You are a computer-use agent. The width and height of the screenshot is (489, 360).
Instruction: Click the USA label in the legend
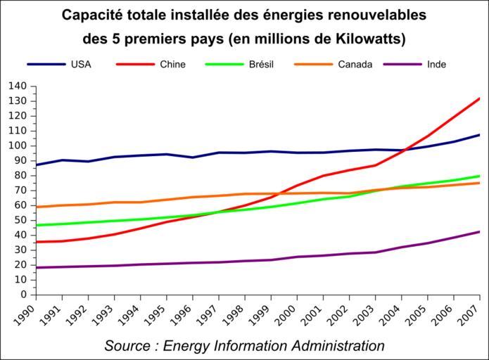(81, 65)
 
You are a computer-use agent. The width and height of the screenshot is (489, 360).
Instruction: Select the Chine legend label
(172, 65)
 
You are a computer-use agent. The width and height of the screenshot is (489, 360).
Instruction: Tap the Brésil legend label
(261, 65)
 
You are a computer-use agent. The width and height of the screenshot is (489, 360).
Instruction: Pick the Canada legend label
(355, 65)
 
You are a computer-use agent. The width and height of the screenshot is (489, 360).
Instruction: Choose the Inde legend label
(436, 65)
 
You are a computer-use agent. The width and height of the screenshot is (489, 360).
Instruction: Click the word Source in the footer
(127, 346)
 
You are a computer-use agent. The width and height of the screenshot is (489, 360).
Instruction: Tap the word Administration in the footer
(336, 346)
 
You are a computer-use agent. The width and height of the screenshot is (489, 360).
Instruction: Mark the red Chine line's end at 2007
(479, 98)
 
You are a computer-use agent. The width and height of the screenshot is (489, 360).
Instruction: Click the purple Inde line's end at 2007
(479, 231)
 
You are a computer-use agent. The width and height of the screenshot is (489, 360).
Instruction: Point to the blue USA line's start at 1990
(37, 165)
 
